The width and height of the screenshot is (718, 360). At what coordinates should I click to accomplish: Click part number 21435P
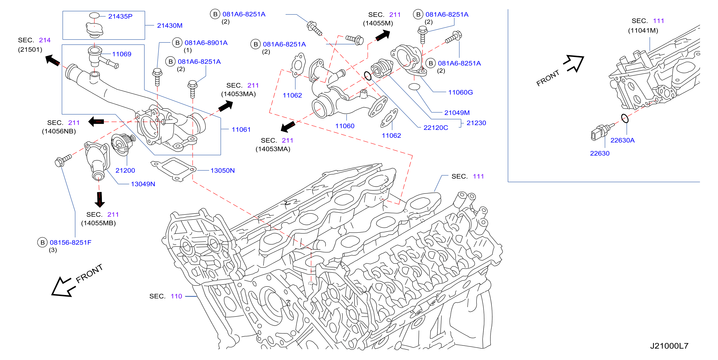pos(120,16)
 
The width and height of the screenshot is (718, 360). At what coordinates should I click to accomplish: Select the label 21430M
pos(170,26)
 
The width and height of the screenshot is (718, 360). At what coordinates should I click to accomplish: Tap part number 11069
pos(122,54)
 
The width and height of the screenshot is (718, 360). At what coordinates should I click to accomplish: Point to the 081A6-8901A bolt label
pos(206,43)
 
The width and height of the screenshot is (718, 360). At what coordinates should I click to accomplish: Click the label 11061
pos(241,130)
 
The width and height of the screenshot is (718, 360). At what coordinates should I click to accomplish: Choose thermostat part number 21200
pos(125,170)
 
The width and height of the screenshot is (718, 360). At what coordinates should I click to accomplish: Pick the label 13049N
pos(143,184)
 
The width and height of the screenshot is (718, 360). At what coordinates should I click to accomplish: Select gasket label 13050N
pos(223,170)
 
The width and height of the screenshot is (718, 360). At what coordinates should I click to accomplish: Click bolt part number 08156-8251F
pos(71,242)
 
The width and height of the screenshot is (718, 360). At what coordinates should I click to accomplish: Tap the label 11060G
pos(461,92)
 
